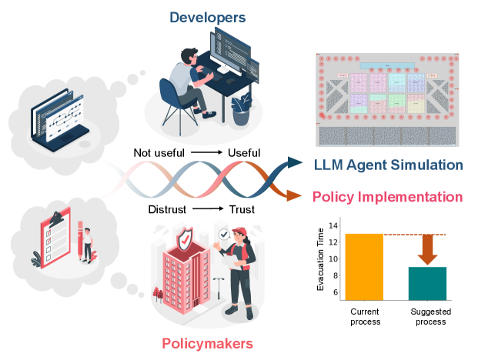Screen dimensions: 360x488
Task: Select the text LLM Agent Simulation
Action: [389, 165]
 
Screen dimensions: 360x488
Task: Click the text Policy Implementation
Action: [388, 196]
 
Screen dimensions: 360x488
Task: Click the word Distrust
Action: [167, 209]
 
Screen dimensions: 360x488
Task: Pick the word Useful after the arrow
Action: [244, 152]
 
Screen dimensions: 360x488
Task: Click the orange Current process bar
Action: [364, 266]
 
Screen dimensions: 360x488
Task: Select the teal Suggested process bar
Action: [427, 283]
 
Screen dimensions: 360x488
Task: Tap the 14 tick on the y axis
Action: [333, 225]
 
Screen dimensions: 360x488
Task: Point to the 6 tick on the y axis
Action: [333, 292]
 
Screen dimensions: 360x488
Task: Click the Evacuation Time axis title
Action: [320, 262]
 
